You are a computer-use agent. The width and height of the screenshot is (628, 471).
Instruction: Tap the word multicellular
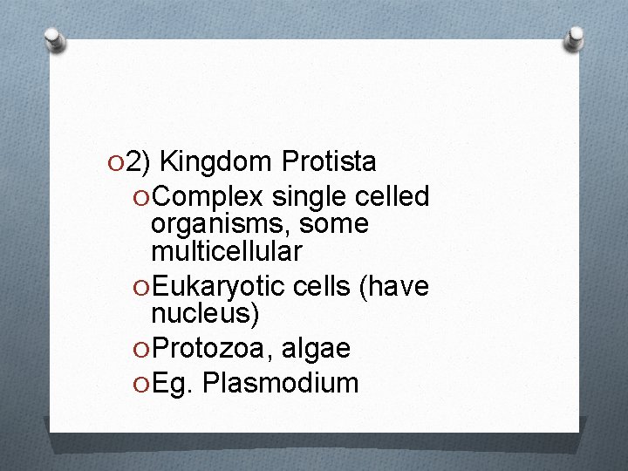(227, 252)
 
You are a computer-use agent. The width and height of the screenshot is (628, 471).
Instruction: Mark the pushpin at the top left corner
(55, 38)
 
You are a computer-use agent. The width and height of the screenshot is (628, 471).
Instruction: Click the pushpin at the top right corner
(575, 38)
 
